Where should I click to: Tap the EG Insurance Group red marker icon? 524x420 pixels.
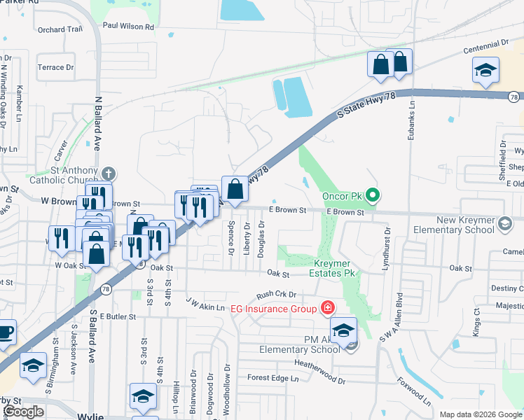coord(326,307)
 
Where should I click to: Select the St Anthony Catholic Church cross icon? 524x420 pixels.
coord(108,172)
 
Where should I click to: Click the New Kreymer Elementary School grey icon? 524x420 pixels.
coord(504,224)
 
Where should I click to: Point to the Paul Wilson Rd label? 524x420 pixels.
coord(127,26)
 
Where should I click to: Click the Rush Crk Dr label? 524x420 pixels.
coord(277,295)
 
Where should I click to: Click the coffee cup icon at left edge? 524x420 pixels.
coord(5,331)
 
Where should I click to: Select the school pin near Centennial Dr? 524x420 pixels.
coord(485,70)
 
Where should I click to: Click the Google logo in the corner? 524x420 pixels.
coord(23,412)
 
